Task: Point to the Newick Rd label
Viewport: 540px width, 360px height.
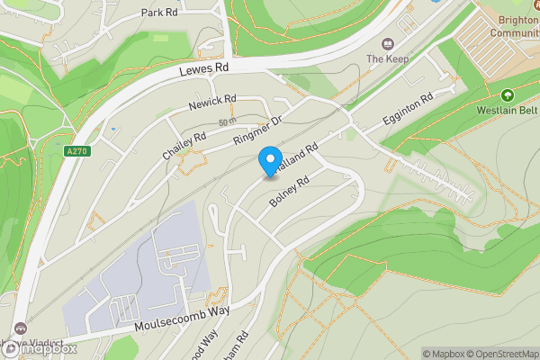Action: pyautogui.click(x=212, y=103)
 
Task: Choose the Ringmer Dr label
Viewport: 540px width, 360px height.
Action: pyautogui.click(x=259, y=132)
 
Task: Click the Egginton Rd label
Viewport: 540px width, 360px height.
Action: pyautogui.click(x=409, y=108)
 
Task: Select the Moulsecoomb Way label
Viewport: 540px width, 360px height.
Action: pyautogui.click(x=181, y=317)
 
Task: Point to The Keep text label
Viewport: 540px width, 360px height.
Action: pyautogui.click(x=388, y=59)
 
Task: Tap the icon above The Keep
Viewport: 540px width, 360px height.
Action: pyautogui.click(x=388, y=43)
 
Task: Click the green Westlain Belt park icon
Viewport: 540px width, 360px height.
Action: pyautogui.click(x=508, y=95)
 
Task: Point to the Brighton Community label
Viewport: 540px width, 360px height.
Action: pyautogui.click(x=514, y=25)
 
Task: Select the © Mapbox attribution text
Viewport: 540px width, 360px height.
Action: pyautogui.click(x=445, y=354)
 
